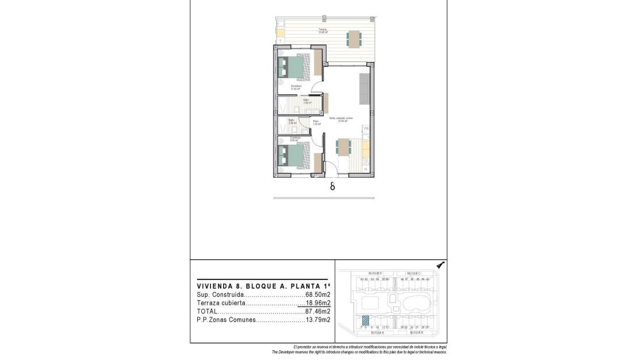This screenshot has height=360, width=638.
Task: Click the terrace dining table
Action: (x=354, y=39)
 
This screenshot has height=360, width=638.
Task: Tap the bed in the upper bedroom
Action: (x=294, y=67)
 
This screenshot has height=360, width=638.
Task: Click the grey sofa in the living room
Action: (x=364, y=89)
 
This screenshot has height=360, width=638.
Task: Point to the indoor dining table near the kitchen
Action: (x=343, y=147)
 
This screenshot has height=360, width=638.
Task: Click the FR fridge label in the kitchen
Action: (x=366, y=129)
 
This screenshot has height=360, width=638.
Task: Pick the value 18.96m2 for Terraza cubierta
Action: (x=318, y=303)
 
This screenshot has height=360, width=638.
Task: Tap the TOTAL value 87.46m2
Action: (x=318, y=312)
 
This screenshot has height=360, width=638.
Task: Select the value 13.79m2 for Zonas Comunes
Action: (x=318, y=320)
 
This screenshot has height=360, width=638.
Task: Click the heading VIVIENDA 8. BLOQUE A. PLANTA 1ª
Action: (x=264, y=285)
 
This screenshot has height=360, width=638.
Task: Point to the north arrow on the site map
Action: (x=440, y=265)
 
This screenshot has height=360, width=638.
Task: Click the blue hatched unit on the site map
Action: (x=365, y=321)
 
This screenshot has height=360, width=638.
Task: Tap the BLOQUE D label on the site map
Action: (x=375, y=273)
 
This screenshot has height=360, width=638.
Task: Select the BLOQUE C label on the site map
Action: (x=414, y=273)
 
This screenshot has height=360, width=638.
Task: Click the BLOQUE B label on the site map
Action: (x=416, y=332)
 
